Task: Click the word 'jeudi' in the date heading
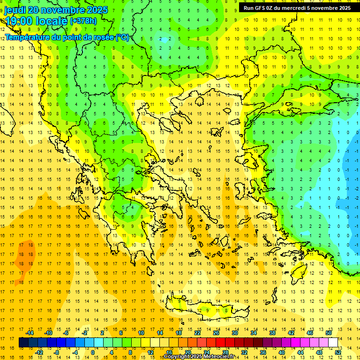(15, 10)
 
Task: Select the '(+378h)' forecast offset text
(83, 21)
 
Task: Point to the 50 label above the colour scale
(329, 333)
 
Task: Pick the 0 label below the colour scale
(93, 352)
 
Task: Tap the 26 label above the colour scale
(216, 333)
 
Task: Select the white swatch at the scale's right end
(333, 343)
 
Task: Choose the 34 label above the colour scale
(254, 333)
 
